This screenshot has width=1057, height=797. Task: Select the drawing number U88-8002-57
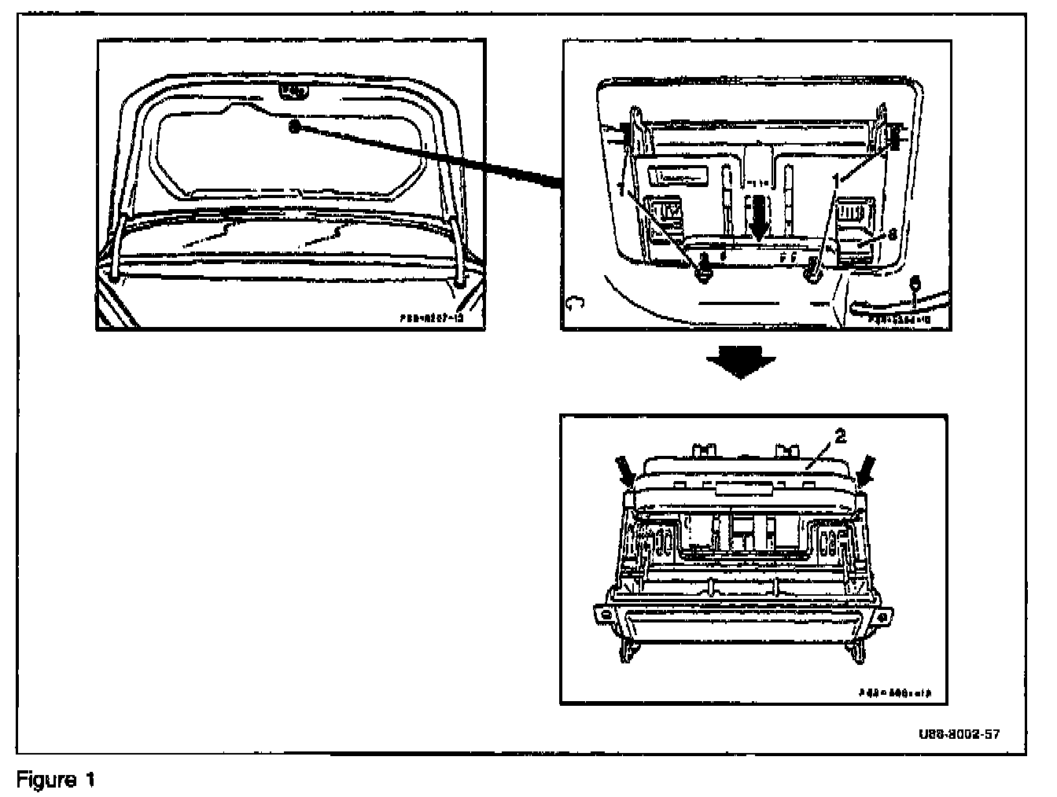pyautogui.click(x=958, y=735)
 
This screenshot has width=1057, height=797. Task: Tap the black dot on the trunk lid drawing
pyautogui.click(x=295, y=127)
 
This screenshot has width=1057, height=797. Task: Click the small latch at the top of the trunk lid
pyautogui.click(x=294, y=91)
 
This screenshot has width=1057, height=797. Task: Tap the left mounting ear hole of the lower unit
pyautogui.click(x=606, y=613)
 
